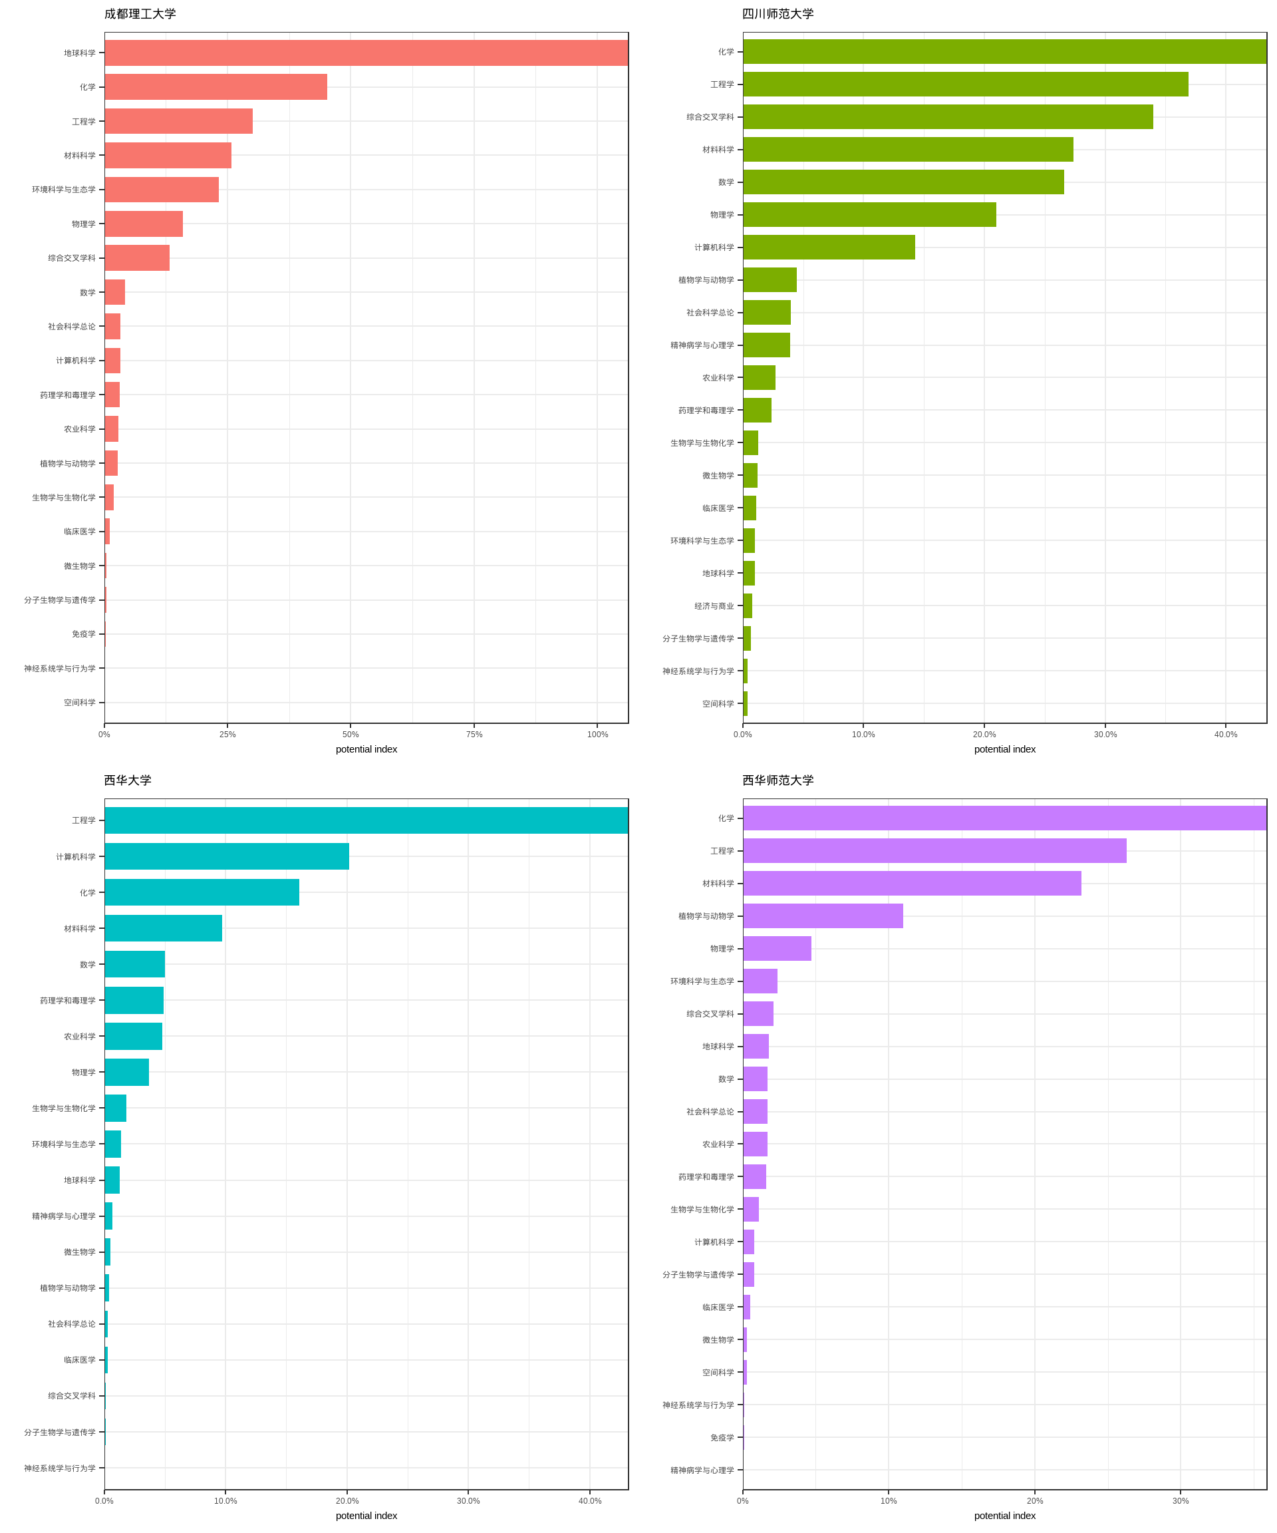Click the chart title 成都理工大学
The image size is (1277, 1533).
click(x=140, y=14)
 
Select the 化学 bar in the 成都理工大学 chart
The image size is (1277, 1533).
click(x=215, y=87)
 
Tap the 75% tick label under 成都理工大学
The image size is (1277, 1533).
click(x=474, y=735)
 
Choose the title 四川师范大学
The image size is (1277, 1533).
click(x=778, y=14)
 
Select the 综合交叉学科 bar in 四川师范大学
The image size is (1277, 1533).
click(x=948, y=117)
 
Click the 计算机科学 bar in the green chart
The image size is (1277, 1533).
click(x=829, y=248)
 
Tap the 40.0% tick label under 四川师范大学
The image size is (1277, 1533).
click(x=1226, y=735)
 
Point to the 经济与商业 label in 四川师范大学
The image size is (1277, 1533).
click(x=714, y=606)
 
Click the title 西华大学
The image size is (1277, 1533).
click(x=128, y=780)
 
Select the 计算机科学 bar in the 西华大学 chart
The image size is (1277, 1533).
click(x=226, y=856)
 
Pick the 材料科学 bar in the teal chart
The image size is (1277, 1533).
click(x=163, y=929)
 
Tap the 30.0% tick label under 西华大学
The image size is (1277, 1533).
click(x=468, y=1501)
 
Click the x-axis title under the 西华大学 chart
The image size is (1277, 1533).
click(x=366, y=1516)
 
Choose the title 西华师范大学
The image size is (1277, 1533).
click(x=778, y=780)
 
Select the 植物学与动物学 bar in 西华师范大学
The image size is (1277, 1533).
click(x=823, y=916)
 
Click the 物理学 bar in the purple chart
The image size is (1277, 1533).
click(x=777, y=949)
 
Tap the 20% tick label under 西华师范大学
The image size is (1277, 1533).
click(x=1035, y=1501)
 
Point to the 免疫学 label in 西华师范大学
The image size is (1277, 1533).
click(x=722, y=1437)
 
